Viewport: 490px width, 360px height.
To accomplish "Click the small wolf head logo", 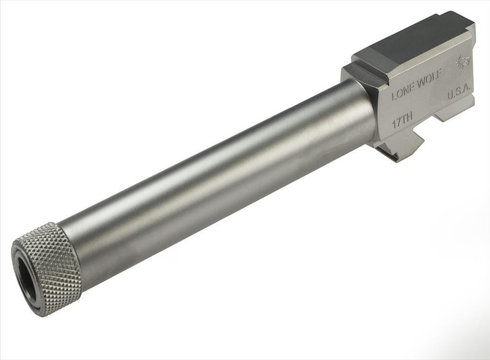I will (462, 62).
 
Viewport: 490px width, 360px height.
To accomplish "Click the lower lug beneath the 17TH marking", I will (403, 148).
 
